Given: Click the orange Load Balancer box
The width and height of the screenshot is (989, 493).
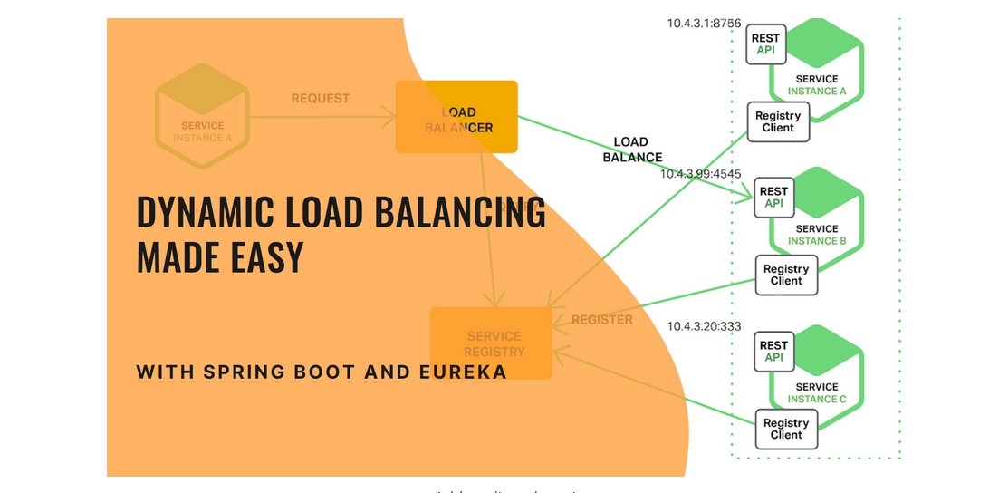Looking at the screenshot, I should pyautogui.click(x=456, y=117).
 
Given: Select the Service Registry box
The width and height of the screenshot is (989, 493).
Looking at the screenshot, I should pyautogui.click(x=491, y=343).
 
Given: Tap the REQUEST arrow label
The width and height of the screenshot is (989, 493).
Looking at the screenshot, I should pyautogui.click(x=320, y=98).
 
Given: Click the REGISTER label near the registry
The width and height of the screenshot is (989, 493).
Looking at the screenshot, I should pyautogui.click(x=602, y=320).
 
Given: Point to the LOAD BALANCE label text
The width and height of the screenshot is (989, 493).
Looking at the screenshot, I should pyautogui.click(x=631, y=150).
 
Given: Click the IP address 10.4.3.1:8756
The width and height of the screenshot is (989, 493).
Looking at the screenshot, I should pyautogui.click(x=704, y=23).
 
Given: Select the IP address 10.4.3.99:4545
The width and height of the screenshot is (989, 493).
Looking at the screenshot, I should pyautogui.click(x=700, y=173).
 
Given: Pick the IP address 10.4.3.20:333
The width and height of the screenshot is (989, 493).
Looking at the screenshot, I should pyautogui.click(x=704, y=326).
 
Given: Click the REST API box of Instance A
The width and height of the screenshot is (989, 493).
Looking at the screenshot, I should pyautogui.click(x=766, y=44).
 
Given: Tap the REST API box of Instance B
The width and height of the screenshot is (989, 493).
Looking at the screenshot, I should pyautogui.click(x=773, y=198).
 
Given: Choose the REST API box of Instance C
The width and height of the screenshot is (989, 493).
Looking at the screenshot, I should pyautogui.click(x=773, y=352).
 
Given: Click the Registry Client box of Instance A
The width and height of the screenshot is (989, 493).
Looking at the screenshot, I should pyautogui.click(x=777, y=122).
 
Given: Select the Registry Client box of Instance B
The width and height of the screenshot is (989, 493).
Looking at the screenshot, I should pyautogui.click(x=785, y=275).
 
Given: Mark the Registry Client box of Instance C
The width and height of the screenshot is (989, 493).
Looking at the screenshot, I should pyautogui.click(x=785, y=429).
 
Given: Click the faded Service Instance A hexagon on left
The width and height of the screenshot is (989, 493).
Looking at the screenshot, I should pyautogui.click(x=201, y=116).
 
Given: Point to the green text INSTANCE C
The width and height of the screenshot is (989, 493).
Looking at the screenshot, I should pyautogui.click(x=817, y=400).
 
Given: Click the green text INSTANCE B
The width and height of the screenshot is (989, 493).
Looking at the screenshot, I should pyautogui.click(x=817, y=241).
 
